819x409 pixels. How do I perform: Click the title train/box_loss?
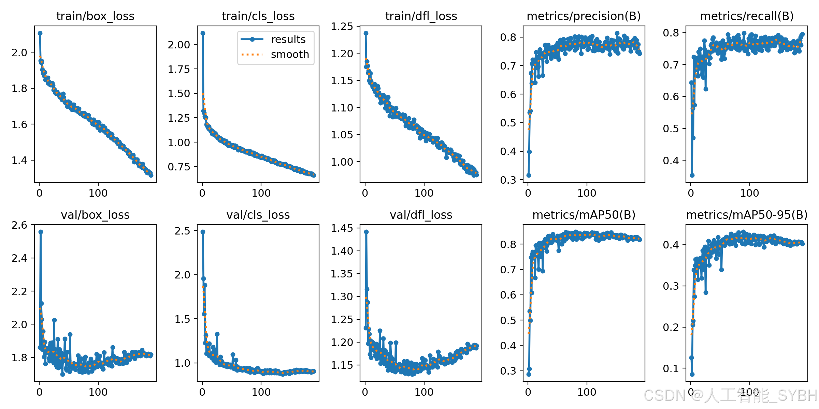click(95, 16)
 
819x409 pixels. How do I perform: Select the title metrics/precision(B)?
click(584, 16)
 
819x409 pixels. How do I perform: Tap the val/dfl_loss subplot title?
click(421, 215)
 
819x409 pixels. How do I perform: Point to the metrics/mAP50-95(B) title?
click(747, 215)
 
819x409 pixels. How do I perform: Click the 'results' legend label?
click(288, 40)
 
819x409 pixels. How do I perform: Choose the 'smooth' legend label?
click(290, 55)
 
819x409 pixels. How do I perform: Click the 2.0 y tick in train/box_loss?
click(19, 52)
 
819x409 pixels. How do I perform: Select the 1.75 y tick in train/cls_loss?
click(179, 69)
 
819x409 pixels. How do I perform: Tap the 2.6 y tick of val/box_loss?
click(19, 225)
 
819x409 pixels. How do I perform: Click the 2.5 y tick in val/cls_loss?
click(182, 231)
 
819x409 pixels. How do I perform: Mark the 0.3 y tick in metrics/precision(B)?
click(508, 180)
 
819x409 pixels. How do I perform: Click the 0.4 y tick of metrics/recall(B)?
click(671, 161)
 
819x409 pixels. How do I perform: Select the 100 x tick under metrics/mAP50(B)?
click(587, 392)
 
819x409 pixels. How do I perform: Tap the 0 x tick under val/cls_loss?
click(202, 392)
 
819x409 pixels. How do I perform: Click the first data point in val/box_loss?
click(40, 347)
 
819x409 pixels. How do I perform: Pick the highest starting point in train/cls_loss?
click(203, 33)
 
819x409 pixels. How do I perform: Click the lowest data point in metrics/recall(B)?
click(692, 175)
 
